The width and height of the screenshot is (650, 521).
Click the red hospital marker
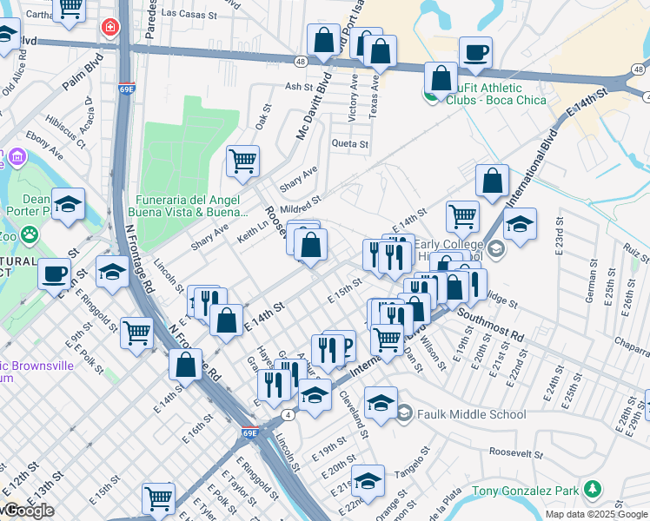click(x=110, y=27)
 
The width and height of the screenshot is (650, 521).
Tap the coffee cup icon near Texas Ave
click(x=475, y=51)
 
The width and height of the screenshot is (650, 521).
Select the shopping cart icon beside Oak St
click(x=242, y=160)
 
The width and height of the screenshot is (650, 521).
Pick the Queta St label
click(x=350, y=144)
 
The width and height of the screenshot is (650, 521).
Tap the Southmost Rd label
click(x=492, y=325)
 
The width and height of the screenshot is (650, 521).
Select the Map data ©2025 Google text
click(x=596, y=514)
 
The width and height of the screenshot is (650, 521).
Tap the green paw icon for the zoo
click(x=30, y=234)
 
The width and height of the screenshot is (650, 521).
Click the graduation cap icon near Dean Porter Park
click(x=68, y=205)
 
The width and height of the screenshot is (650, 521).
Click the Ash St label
click(x=298, y=87)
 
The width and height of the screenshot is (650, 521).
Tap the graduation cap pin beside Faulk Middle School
click(x=381, y=403)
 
